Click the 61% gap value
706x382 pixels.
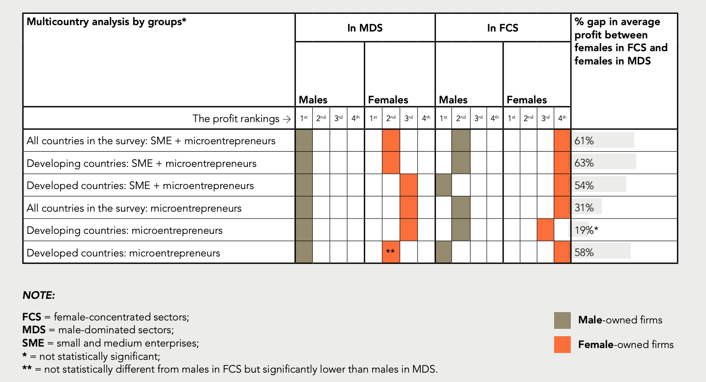click(584, 140)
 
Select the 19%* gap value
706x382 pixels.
click(586, 230)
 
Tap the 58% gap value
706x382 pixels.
click(584, 253)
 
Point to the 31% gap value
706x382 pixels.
click(584, 208)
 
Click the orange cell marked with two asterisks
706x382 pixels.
click(391, 252)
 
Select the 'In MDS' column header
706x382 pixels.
click(365, 28)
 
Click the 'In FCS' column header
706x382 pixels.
click(503, 28)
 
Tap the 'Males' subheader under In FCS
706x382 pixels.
click(453, 100)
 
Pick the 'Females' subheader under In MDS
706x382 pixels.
click(388, 100)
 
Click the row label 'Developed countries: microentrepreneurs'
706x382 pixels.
click(123, 253)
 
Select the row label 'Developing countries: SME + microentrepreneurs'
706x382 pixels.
click(142, 163)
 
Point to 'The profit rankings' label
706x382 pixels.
click(236, 119)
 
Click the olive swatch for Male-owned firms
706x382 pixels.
click(562, 320)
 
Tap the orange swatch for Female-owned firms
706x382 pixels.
click(562, 345)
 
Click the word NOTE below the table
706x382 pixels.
click(39, 295)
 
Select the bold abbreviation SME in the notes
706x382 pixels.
click(33, 343)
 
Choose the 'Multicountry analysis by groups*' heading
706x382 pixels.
click(107, 22)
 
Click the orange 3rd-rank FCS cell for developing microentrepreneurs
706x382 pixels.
click(546, 230)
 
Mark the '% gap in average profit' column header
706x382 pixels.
click(621, 41)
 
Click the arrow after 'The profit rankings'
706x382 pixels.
click(287, 119)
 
